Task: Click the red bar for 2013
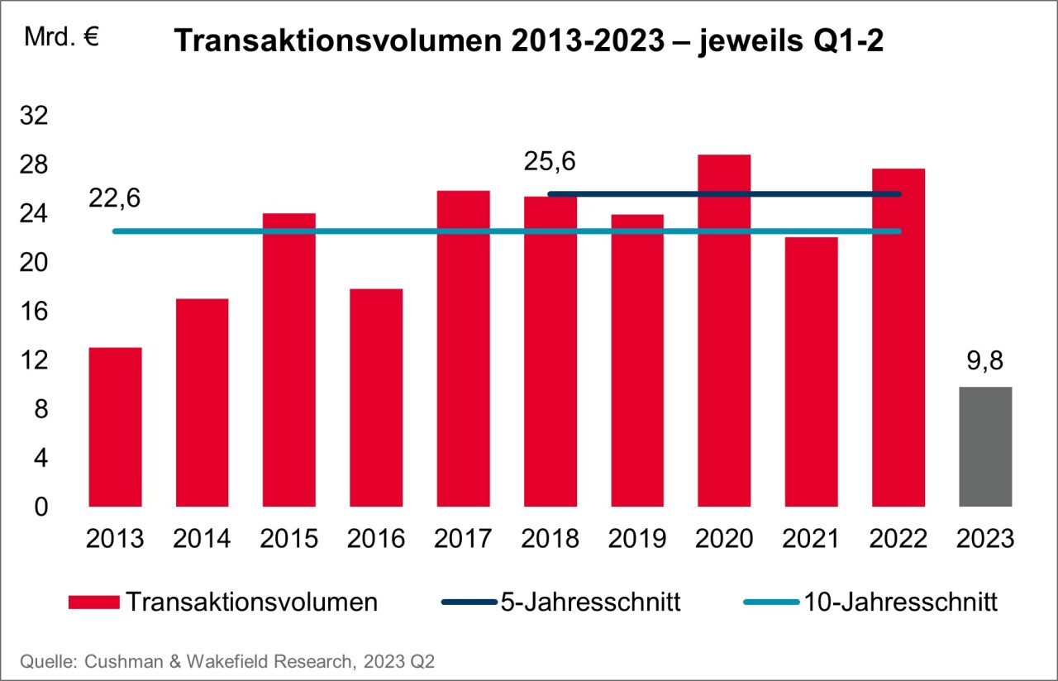click(x=115, y=426)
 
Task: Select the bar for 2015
click(x=289, y=360)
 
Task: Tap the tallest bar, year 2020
click(x=724, y=331)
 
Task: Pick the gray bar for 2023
click(x=985, y=446)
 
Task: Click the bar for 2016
click(x=376, y=397)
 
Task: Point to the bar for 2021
click(x=811, y=372)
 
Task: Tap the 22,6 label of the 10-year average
click(x=115, y=199)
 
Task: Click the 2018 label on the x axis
click(x=550, y=539)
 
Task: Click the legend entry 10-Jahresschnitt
click(x=898, y=602)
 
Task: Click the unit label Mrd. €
click(x=62, y=38)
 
